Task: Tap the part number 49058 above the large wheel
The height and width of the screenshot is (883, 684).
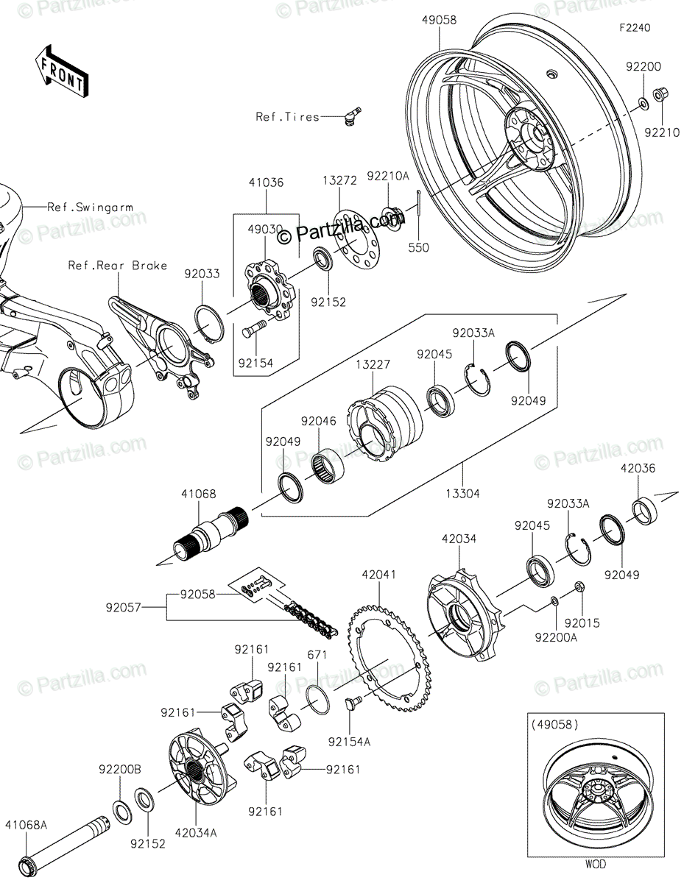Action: (x=439, y=20)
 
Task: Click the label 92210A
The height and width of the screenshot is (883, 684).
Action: (x=388, y=176)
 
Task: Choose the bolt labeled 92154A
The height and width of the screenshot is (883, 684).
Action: (x=353, y=702)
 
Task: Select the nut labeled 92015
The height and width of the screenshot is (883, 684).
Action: (x=580, y=586)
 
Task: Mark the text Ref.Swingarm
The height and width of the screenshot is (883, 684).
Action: (x=91, y=208)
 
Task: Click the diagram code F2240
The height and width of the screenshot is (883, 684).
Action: (x=635, y=28)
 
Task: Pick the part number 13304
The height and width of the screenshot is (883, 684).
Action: (x=462, y=494)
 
